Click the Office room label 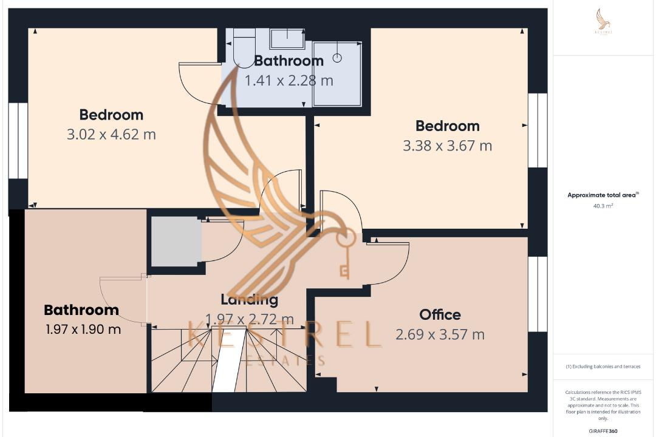pos(440,314)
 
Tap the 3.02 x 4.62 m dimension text pos(111,134)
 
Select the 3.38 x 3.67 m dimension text pos(447,146)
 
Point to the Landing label pos(249,299)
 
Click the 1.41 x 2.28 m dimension pos(289,80)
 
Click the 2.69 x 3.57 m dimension pos(440,334)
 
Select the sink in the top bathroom pos(287,39)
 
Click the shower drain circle pos(337,58)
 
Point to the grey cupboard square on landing pos(176,242)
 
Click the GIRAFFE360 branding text pos(603,431)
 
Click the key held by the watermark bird pos(344,258)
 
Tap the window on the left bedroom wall pos(18,141)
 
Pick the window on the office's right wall pos(537,294)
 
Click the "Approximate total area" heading pos(601,195)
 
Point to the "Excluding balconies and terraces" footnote pos(603,367)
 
